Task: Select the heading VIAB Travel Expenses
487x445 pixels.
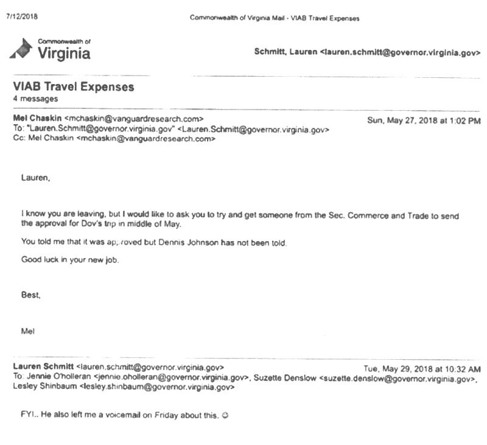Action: click(73, 87)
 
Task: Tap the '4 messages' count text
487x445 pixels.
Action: click(35, 99)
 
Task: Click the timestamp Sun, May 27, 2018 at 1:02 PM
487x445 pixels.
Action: click(424, 121)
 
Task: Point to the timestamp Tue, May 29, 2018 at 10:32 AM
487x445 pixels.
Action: click(422, 369)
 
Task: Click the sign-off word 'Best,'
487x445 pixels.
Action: click(31, 295)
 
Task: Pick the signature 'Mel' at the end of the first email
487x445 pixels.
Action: click(28, 331)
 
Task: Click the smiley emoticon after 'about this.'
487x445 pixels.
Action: click(225, 416)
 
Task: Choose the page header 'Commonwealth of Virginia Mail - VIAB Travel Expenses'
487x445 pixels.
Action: click(275, 18)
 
